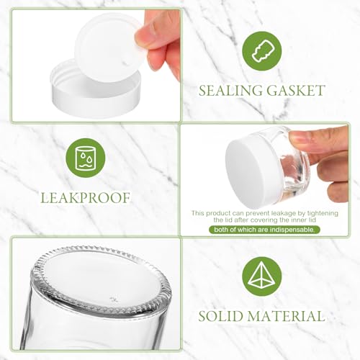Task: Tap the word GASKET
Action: (x=296, y=91)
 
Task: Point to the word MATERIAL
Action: (x=287, y=315)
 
